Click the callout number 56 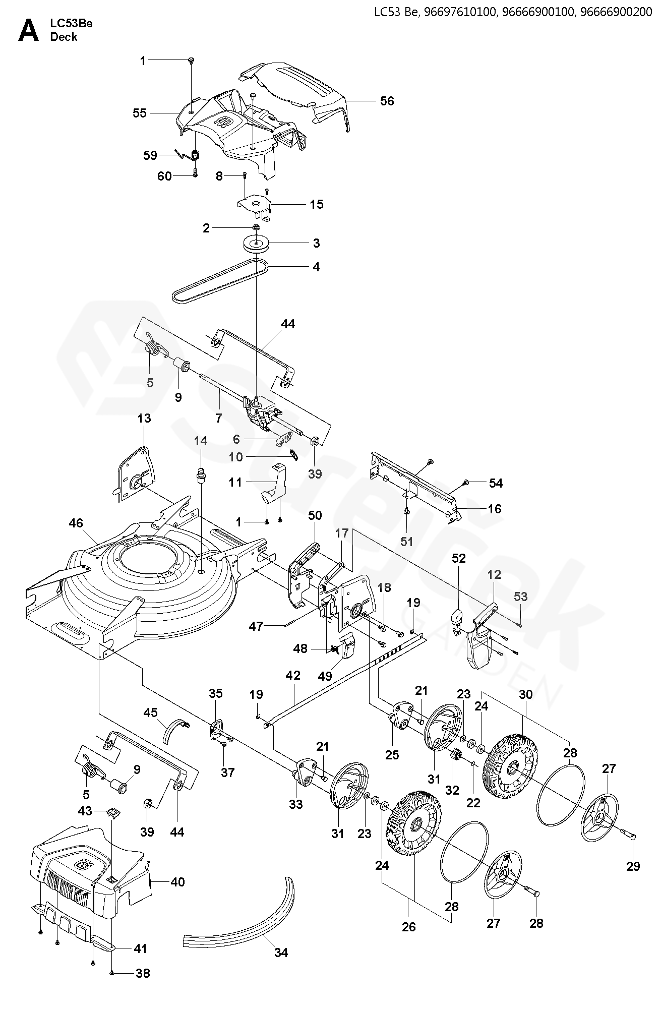click(387, 101)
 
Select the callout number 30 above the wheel click(525, 694)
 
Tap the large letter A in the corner click(28, 31)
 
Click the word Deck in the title click(64, 37)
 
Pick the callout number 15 click(317, 204)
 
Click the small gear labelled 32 click(452, 756)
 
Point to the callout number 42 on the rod click(293, 675)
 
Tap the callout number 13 click(144, 419)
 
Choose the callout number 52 click(459, 558)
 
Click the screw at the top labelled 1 click(192, 61)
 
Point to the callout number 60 click(165, 176)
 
